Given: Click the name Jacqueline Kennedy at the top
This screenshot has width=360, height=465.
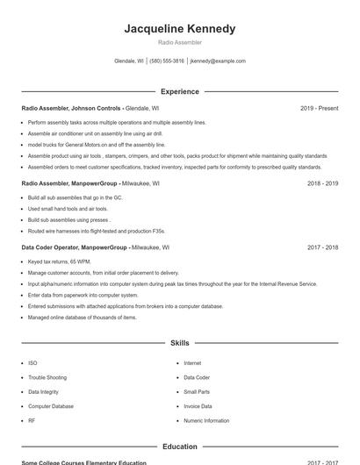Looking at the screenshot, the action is tap(180, 29).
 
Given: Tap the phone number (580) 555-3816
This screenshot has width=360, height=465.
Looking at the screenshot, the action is tap(167, 61).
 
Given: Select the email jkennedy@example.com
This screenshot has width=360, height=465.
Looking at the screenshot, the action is tap(218, 61).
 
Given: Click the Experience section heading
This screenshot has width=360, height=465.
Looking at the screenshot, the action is tap(180, 91).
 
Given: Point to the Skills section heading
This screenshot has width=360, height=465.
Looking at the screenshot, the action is tap(180, 343).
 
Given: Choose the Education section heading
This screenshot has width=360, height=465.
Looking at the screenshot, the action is tap(180, 447).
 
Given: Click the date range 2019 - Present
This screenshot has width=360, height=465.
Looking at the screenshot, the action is tap(319, 108).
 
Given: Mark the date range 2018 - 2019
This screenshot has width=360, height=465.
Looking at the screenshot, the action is tap(322, 184).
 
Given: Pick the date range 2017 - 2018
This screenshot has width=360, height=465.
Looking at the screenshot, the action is tap(322, 247).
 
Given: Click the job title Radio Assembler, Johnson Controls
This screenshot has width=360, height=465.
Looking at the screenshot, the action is tap(71, 108).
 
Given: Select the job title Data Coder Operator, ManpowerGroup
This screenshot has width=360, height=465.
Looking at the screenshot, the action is tap(75, 247).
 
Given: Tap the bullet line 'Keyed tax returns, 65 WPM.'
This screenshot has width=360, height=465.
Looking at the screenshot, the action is tap(60, 261).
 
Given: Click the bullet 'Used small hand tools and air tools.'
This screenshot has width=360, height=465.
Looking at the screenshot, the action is tap(68, 209).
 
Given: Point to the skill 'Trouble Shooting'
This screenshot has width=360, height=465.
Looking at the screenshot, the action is tap(47, 377).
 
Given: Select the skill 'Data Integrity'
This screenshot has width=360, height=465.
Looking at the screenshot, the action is tap(44, 392).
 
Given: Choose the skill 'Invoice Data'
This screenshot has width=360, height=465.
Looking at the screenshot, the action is tap(198, 406).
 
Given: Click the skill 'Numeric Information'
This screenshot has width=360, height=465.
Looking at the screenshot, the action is tap(206, 420).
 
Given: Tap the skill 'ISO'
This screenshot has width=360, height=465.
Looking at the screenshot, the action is tap(32, 363).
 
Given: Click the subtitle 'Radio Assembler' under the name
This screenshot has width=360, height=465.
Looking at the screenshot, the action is tap(180, 42).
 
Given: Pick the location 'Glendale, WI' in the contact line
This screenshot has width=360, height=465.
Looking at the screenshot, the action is tap(129, 61).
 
